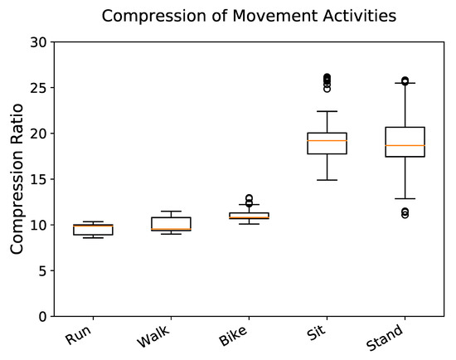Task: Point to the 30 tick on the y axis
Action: [x=39, y=41]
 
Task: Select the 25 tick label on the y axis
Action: [x=39, y=87]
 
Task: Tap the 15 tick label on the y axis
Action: [x=39, y=179]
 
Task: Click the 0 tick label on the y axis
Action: [x=43, y=316]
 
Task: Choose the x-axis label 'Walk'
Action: [x=155, y=338]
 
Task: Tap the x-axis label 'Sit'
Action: [x=316, y=334]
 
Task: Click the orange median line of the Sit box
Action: [x=327, y=140]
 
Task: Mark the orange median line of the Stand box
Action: [x=405, y=145]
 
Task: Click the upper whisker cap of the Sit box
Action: [x=327, y=111]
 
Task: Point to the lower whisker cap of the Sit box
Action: [x=327, y=180]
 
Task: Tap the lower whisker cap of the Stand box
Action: [x=405, y=198]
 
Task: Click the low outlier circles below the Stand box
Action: [x=405, y=213]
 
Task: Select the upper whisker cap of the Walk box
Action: [x=171, y=212]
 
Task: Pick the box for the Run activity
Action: [x=93, y=230]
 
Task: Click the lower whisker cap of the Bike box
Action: [x=249, y=224]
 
